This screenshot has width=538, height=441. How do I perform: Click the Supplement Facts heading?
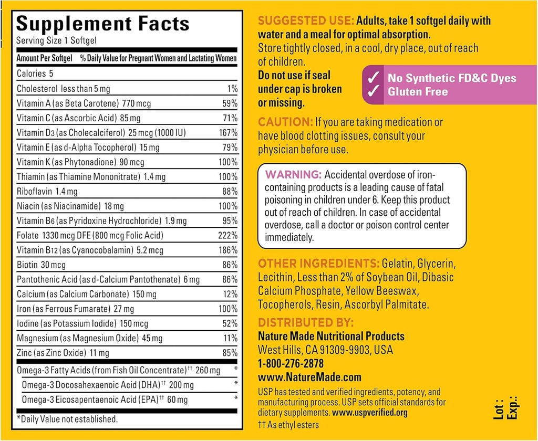(x=102, y=24)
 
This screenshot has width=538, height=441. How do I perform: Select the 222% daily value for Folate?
(x=227, y=235)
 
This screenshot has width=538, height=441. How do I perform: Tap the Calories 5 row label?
(x=35, y=74)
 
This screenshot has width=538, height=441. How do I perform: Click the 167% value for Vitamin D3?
(x=227, y=132)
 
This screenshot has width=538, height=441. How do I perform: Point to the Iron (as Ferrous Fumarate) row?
(x=75, y=309)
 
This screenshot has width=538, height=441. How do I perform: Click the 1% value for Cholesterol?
(x=231, y=89)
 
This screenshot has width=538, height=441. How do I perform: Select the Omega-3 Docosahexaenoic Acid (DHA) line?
(x=108, y=385)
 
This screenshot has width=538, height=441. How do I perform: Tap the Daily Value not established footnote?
(x=67, y=418)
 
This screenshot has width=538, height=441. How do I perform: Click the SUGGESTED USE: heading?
(x=306, y=22)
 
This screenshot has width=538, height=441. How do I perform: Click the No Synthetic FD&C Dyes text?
(x=452, y=78)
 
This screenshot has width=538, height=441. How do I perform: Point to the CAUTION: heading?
(x=285, y=122)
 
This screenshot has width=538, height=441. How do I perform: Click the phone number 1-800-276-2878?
(x=291, y=363)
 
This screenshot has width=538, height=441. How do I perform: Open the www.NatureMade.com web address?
(x=309, y=377)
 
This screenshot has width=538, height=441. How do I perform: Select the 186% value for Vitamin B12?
(x=227, y=250)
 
